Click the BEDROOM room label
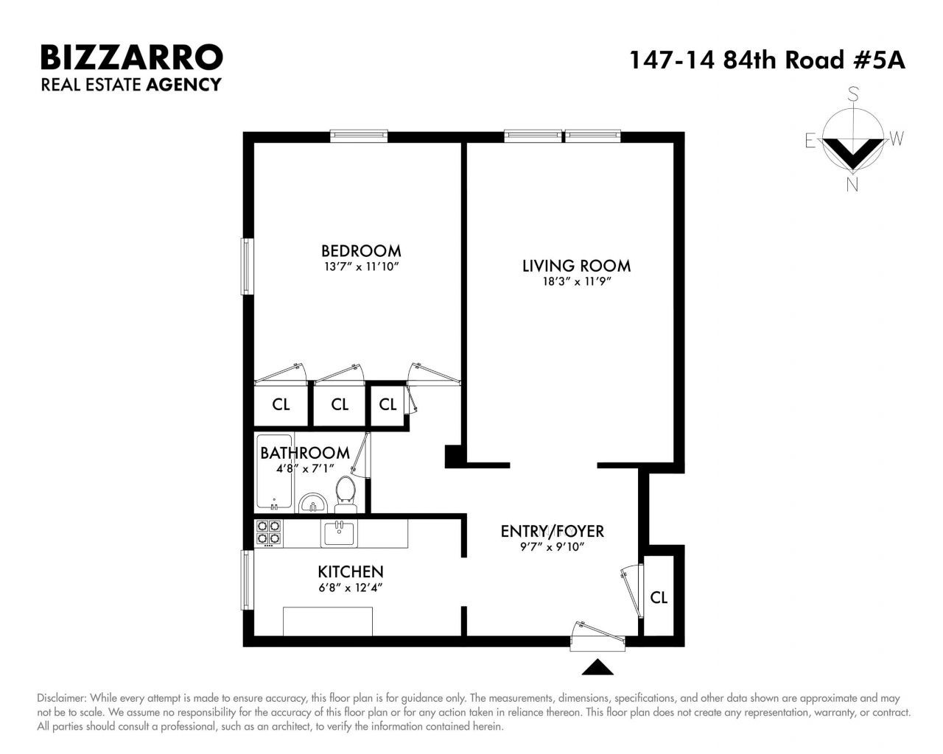click(361, 251)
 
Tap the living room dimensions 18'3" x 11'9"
click(577, 281)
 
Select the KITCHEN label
click(351, 571)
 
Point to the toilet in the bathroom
click(346, 494)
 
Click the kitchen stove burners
click(268, 532)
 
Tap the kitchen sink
click(339, 533)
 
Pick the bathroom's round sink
click(312, 503)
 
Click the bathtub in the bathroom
click(274, 472)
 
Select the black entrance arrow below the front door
click(597, 667)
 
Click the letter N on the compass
click(852, 185)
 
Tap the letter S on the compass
click(852, 94)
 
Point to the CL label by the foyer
click(658, 597)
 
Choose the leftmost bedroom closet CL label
click(281, 404)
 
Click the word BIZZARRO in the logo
click(132, 57)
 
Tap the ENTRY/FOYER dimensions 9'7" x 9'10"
click(552, 547)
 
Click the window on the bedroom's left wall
click(247, 267)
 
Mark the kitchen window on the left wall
click(247, 579)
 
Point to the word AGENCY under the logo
click(183, 84)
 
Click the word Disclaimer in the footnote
click(61, 698)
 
